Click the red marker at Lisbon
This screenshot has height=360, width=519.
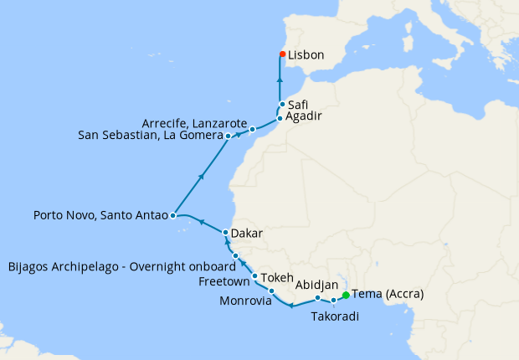(x=282, y=55)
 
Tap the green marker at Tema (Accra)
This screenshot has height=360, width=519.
(x=345, y=294)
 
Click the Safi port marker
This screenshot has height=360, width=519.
(x=282, y=105)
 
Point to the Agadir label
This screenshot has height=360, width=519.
(x=305, y=118)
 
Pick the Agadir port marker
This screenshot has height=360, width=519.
(x=280, y=118)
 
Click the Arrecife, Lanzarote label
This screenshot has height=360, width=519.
(x=195, y=121)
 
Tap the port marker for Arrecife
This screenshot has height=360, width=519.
(x=252, y=129)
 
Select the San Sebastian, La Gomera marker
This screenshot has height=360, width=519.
(x=228, y=135)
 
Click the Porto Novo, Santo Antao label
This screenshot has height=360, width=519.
(x=100, y=215)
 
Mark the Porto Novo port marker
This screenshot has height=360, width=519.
(x=172, y=215)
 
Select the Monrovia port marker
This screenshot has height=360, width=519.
(x=271, y=291)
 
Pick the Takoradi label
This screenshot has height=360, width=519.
(x=337, y=316)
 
